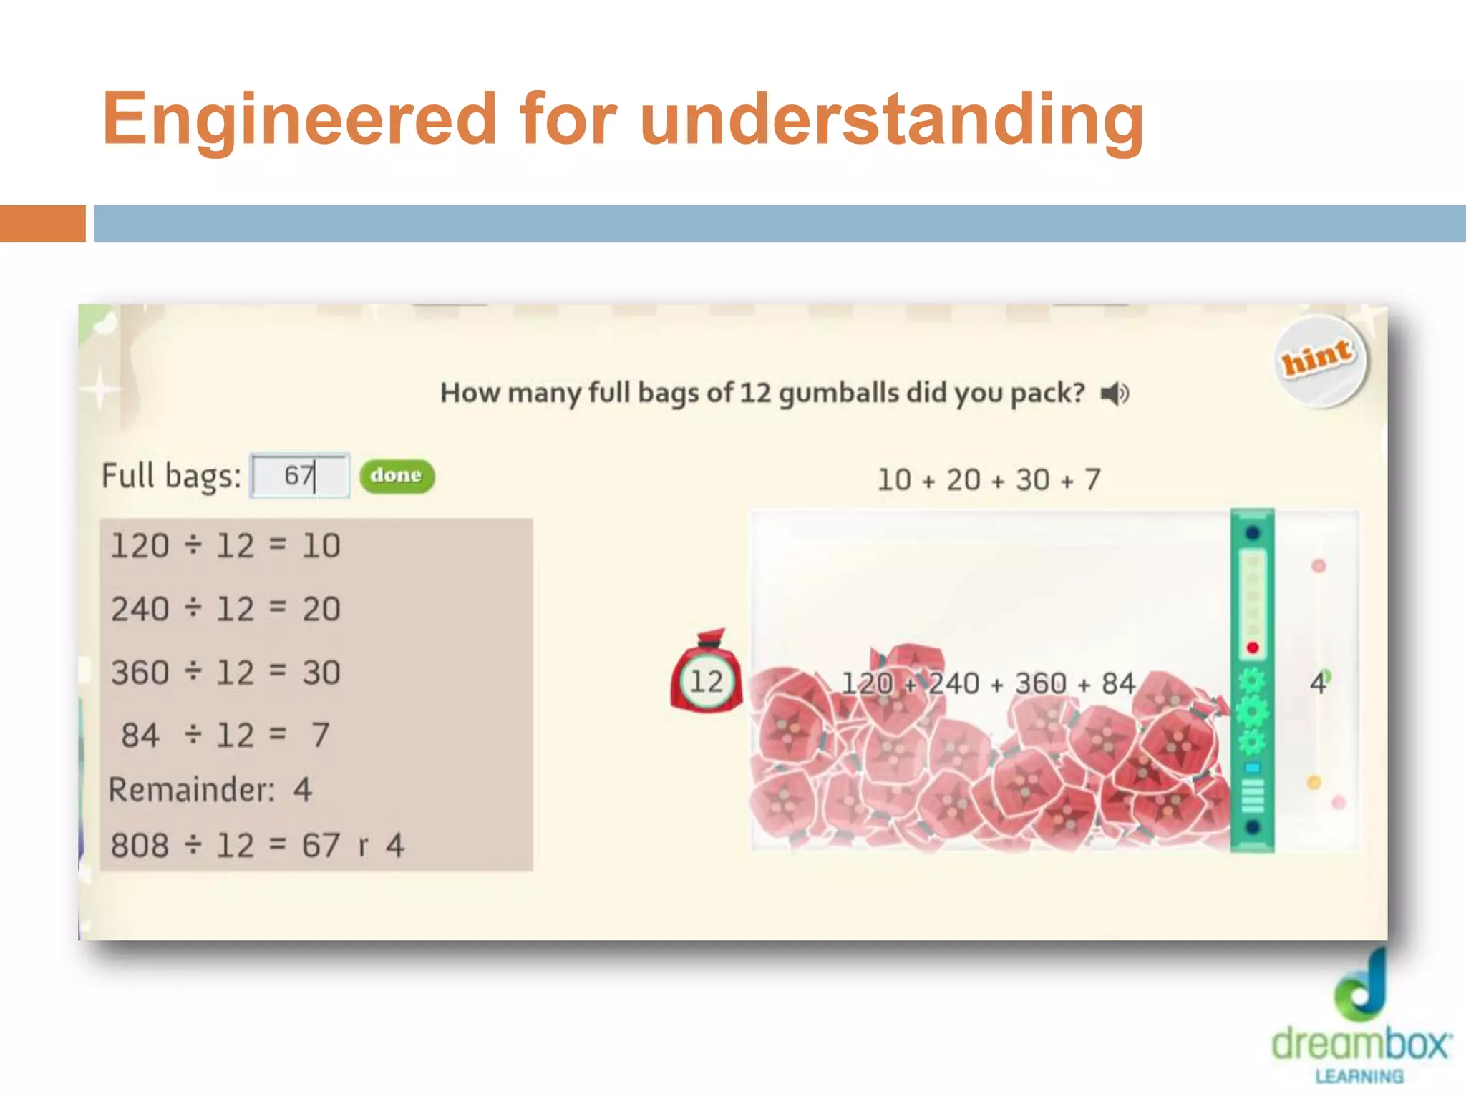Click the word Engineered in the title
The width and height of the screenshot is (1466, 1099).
pos(299,119)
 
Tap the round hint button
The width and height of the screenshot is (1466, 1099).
pos(1319,361)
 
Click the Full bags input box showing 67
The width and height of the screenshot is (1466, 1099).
pos(299,475)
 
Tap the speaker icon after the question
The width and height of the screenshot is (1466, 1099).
pos(1114,394)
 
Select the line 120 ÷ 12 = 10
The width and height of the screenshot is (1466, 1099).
pos(225,546)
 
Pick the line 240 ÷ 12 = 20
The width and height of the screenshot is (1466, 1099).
pos(225,610)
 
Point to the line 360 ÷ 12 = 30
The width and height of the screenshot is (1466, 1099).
pos(225,673)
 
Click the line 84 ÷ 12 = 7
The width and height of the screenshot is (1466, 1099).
pos(225,736)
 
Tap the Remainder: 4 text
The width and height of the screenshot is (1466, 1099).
pos(210,790)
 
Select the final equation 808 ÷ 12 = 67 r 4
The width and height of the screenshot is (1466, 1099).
pos(258,846)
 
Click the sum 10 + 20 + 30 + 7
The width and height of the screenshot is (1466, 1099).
pos(989,480)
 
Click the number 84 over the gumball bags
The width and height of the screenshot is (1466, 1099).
pos(1117,684)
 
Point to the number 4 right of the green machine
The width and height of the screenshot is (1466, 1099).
pos(1317,684)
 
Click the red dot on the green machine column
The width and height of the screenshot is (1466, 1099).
pos(1252,648)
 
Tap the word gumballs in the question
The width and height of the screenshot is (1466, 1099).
pos(838,394)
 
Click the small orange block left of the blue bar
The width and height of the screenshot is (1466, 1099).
pos(42,223)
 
